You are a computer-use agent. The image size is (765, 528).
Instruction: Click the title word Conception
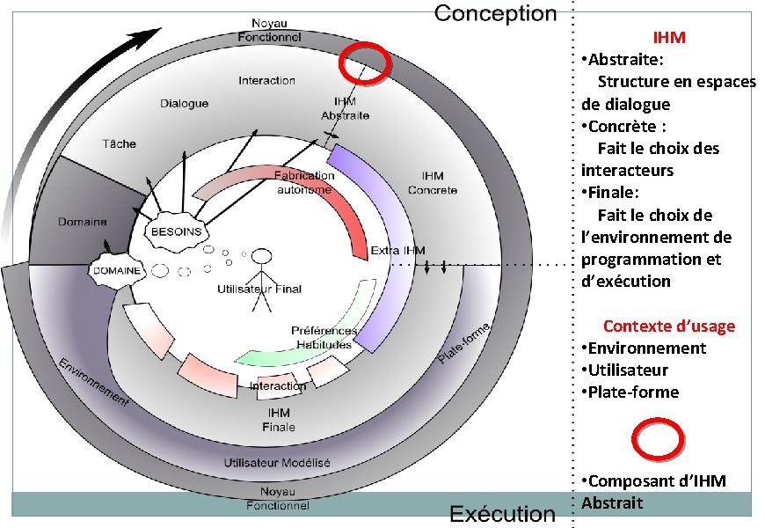(x=496, y=13)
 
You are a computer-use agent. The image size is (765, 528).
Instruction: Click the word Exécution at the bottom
(x=502, y=514)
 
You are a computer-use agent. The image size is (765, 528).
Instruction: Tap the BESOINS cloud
(x=177, y=231)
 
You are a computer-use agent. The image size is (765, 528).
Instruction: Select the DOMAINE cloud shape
(x=116, y=270)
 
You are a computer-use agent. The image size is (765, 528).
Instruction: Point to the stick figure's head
(x=260, y=257)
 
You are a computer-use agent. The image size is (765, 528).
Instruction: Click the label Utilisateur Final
(x=259, y=289)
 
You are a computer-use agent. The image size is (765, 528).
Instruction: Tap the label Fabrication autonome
(x=304, y=182)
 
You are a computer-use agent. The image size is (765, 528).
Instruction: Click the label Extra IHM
(x=397, y=251)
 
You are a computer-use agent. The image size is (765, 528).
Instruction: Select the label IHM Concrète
(x=432, y=183)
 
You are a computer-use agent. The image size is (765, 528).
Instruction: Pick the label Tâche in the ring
(x=120, y=143)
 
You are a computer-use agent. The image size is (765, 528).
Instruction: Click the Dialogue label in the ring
(x=184, y=103)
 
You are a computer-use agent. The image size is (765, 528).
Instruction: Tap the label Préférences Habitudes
(x=324, y=337)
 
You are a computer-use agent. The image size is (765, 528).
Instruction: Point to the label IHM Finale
(x=278, y=420)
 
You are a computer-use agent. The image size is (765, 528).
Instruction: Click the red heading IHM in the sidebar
(x=669, y=38)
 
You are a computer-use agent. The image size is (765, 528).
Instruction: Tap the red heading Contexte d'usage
(x=669, y=326)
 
